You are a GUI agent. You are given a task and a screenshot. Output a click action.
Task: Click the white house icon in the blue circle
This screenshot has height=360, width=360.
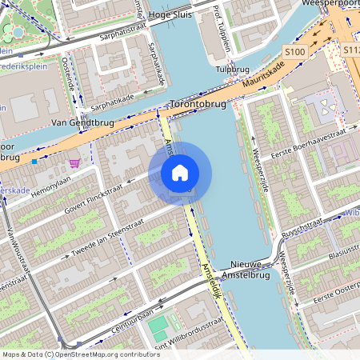pos(180,172)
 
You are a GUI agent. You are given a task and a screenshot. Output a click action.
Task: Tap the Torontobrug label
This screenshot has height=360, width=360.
pos(198,105)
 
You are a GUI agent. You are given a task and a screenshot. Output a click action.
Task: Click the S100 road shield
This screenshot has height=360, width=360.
pos(295,52)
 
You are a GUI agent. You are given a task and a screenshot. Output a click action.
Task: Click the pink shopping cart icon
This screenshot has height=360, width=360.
pos(74,163)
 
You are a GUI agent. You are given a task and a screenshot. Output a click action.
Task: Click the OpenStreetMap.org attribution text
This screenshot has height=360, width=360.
pos(104,354)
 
